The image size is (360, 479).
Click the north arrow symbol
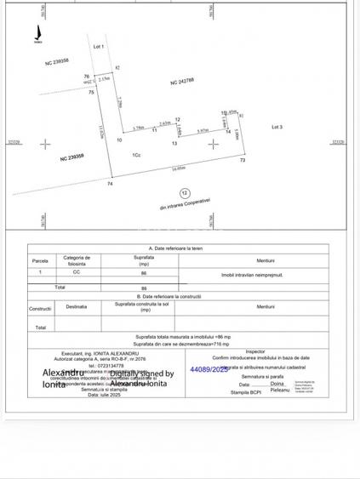click(37, 36)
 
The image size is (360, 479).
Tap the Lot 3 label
click(277, 127)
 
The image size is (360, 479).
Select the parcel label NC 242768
click(182, 81)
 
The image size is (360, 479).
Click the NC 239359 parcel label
click(71, 157)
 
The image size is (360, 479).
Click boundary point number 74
click(110, 183)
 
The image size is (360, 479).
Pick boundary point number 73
click(243, 160)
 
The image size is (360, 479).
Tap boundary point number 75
click(91, 92)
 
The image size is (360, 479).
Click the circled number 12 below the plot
click(185, 194)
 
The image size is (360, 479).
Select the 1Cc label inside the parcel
click(136, 154)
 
